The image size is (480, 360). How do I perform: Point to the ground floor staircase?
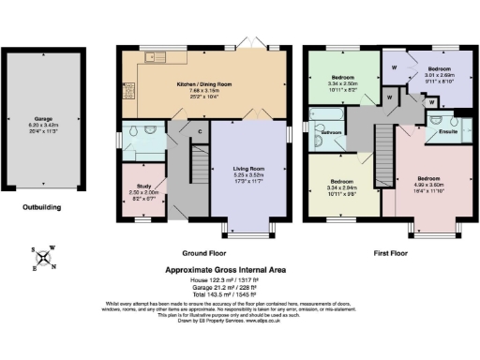[199, 169]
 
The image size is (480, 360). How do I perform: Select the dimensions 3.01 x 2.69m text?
[439, 77]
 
